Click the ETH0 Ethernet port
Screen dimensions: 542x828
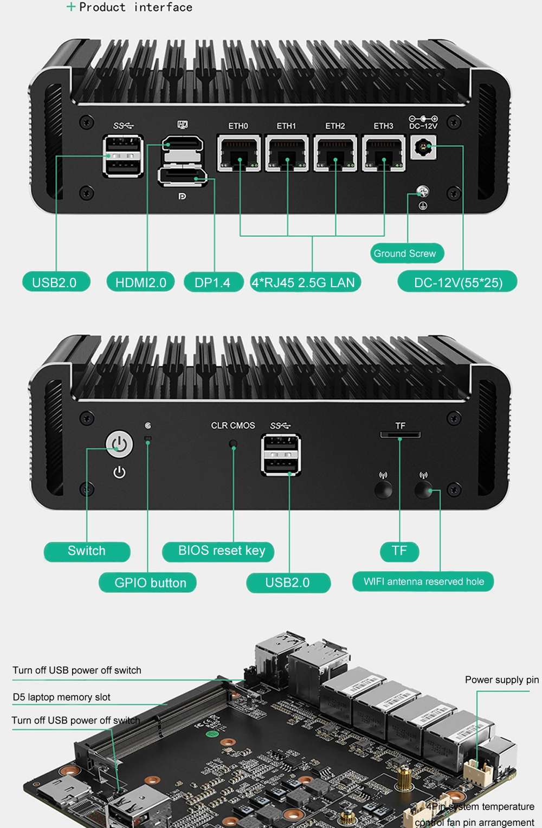pyautogui.click(x=238, y=154)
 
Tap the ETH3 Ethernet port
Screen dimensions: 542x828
pyautogui.click(x=384, y=154)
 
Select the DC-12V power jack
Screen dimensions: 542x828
pyautogui.click(x=423, y=147)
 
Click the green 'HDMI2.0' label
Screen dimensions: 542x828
pyautogui.click(x=141, y=282)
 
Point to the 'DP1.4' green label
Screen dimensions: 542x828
pyautogui.click(x=212, y=282)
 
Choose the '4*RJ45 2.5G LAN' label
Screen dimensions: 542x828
pyautogui.click(x=305, y=282)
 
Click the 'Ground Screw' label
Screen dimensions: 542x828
pyautogui.click(x=406, y=253)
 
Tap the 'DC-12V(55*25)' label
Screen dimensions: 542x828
pyautogui.click(x=458, y=282)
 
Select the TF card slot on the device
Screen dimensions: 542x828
pyautogui.click(x=400, y=435)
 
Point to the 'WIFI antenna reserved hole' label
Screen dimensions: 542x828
pyautogui.click(x=423, y=581)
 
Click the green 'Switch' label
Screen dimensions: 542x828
pyautogui.click(x=87, y=551)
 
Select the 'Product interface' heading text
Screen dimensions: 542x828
pyautogui.click(x=135, y=8)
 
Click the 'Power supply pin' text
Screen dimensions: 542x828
pyautogui.click(x=501, y=680)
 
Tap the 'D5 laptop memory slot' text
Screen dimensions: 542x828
pyautogui.click(x=62, y=697)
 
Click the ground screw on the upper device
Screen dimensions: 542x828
pyautogui.click(x=423, y=191)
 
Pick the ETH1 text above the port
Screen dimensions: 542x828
pyautogui.click(x=286, y=126)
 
